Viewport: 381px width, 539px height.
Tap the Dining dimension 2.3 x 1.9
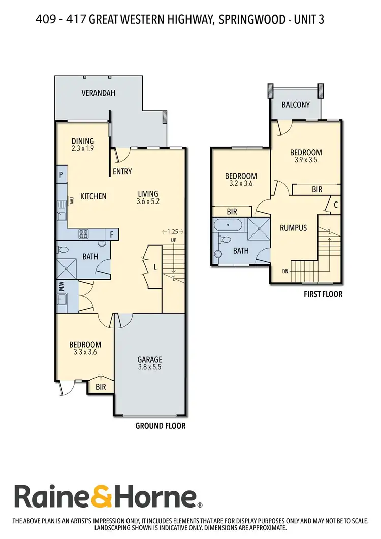pyautogui.click(x=83, y=149)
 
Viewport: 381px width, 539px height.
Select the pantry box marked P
pyautogui.click(x=61, y=174)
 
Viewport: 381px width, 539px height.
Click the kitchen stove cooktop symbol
pyautogui.click(x=84, y=234)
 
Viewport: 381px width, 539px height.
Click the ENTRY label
pyautogui.click(x=122, y=172)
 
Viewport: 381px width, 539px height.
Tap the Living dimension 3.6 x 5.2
pyautogui.click(x=148, y=201)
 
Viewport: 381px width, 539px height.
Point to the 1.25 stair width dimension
pyautogui.click(x=173, y=231)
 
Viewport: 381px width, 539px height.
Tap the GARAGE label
pyautogui.click(x=149, y=360)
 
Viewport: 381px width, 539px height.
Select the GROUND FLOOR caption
pyautogui.click(x=160, y=426)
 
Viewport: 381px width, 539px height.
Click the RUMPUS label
pyautogui.click(x=293, y=228)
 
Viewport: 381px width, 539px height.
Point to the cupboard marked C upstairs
pyautogui.click(x=336, y=205)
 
